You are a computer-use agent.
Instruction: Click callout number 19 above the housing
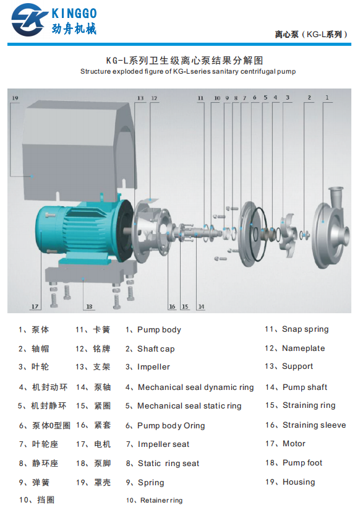click(15, 98)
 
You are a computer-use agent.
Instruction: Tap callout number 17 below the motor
click(35, 306)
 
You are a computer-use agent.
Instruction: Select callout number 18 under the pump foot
click(89, 306)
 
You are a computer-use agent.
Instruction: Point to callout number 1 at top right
click(328, 98)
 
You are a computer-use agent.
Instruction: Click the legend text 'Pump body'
click(159, 330)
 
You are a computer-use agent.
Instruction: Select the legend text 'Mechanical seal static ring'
click(189, 406)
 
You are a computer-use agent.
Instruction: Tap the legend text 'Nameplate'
click(303, 348)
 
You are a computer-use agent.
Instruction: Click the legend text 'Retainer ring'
click(161, 500)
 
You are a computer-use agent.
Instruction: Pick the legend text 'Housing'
click(299, 482)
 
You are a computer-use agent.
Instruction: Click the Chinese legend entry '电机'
click(102, 444)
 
